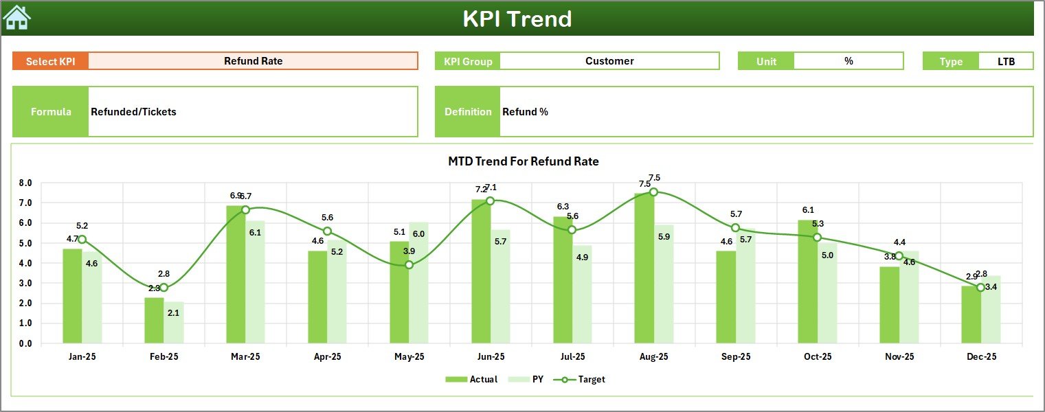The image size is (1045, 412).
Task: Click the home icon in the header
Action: (16, 18)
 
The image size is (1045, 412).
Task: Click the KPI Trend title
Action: (517, 19)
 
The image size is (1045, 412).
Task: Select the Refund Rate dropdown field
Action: (253, 61)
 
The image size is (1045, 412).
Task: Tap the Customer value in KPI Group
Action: (609, 61)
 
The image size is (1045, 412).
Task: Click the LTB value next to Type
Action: (1006, 61)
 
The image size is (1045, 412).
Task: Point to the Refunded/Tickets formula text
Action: (133, 112)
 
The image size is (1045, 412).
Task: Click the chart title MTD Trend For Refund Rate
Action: (523, 162)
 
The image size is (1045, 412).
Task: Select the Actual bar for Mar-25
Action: (236, 275)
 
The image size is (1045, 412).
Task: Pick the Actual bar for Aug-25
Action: (644, 268)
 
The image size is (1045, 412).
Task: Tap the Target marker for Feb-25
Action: (164, 287)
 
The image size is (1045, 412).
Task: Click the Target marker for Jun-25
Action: (490, 201)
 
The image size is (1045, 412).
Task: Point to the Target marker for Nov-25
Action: (899, 255)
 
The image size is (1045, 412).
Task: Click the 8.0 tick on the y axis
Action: (25, 183)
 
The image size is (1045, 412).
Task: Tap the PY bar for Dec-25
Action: (990, 309)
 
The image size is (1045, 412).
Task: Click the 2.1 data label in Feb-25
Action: (173, 313)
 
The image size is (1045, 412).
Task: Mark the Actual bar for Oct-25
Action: (807, 282)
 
